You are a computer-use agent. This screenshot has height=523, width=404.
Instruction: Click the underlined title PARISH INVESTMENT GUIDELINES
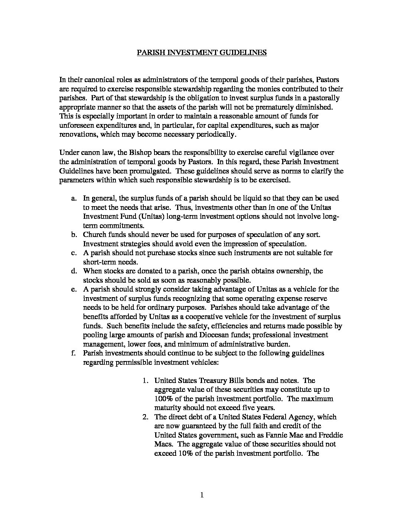click(x=202, y=52)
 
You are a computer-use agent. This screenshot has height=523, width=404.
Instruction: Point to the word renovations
click(x=76, y=134)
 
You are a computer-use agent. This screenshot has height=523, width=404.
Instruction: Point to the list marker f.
click(x=74, y=353)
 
